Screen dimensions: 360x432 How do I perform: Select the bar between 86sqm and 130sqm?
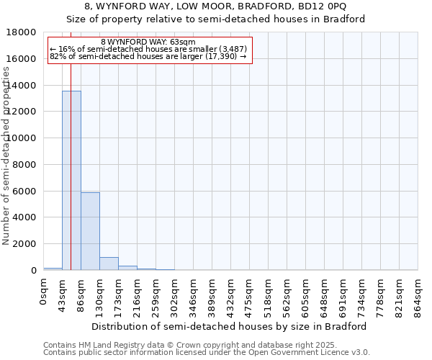tap(90, 231)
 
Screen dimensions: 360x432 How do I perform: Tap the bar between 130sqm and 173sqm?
tap(109, 264)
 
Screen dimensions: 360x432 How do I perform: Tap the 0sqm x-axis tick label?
tap(43, 292)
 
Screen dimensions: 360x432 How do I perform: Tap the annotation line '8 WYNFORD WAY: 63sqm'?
tap(148, 42)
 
